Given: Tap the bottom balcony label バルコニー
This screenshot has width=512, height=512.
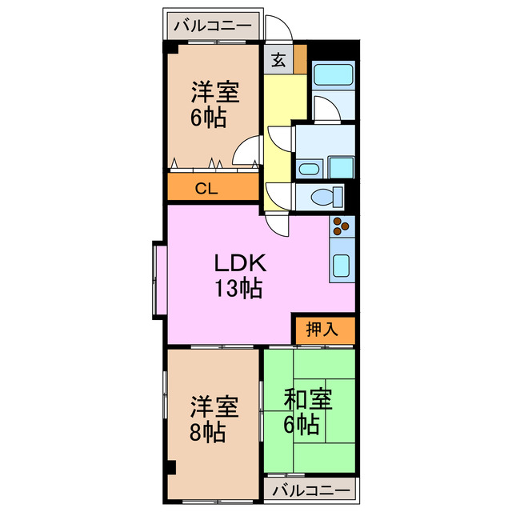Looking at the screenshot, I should (310, 490).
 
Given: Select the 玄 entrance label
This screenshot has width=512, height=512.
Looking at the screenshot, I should (277, 59).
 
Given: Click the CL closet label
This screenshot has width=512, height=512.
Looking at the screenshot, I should (206, 189).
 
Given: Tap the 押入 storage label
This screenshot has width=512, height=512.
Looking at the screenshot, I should (323, 329).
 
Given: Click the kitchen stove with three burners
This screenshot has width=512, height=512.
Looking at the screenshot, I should (342, 227).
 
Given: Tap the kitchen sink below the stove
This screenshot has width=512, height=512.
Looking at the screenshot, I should (342, 266).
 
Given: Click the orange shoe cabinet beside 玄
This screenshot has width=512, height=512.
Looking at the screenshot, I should (300, 58).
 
